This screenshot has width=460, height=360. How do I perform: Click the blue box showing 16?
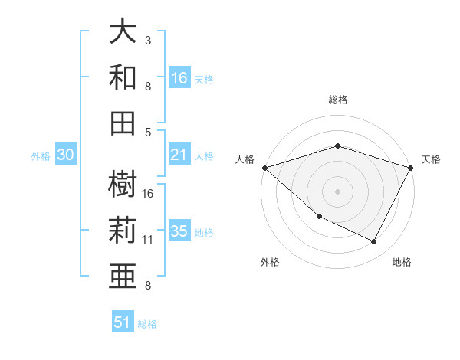tap(179, 78)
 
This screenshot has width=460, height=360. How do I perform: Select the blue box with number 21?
tap(179, 155)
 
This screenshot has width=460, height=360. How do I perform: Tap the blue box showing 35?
tap(179, 232)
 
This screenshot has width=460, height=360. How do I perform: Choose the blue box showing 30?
tap(65, 155)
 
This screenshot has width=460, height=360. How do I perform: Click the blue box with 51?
tap(123, 322)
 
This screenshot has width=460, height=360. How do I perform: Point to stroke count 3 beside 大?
tap(148, 40)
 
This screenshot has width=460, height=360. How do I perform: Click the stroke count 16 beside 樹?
tap(148, 193)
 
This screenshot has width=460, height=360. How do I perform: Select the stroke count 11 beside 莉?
tap(148, 240)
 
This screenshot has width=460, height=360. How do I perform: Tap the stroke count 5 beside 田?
tap(148, 132)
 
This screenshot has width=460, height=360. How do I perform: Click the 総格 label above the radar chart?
tap(338, 100)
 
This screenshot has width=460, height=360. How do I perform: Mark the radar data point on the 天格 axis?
tap(411, 167)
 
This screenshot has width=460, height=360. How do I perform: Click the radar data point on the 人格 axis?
tap(264, 167)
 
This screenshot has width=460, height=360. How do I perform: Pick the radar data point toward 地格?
tap(374, 242)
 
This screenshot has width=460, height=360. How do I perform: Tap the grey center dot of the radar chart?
tap(337, 191)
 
